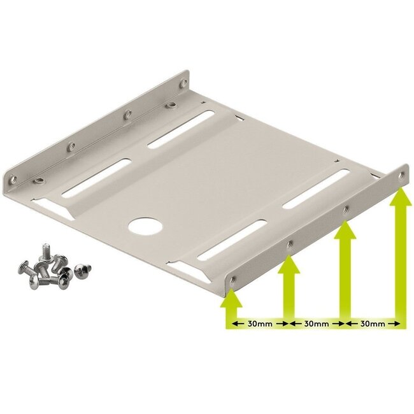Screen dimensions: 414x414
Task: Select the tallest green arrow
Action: [400, 255]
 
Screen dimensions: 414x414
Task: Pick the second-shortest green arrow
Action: [288, 290]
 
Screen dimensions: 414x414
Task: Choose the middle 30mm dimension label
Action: [317, 324]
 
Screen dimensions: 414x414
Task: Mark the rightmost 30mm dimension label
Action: [373, 324]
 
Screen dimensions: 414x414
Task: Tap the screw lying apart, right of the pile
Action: [81, 271]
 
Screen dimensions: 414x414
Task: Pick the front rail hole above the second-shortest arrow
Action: [290, 243]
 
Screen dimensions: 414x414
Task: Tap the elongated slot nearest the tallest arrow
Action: [317, 189]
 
